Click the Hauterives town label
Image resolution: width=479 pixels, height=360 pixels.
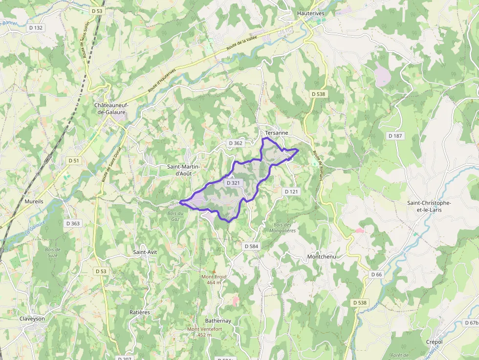point(310,14)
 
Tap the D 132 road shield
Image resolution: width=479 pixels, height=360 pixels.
point(36,28)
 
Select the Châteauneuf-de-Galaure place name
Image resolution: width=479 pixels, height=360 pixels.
point(111,108)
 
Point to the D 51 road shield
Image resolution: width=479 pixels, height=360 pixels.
point(74,160)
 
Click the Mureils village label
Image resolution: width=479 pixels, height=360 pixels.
point(34,201)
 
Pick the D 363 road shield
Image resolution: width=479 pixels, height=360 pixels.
point(72,223)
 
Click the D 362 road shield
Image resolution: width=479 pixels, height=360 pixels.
point(235,143)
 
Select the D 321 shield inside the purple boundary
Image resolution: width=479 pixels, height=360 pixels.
point(234,183)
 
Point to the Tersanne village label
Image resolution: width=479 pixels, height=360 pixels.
point(277,133)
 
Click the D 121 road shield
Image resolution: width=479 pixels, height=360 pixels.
point(291,191)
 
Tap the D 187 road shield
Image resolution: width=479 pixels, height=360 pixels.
point(394,135)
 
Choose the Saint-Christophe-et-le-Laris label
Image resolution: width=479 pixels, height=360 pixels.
point(429,206)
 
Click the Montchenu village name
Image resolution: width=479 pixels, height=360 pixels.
point(322,256)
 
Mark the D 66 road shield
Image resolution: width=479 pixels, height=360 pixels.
point(376,275)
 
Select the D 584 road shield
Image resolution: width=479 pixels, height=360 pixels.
point(251,246)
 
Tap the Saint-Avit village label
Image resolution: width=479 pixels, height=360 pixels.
point(145,252)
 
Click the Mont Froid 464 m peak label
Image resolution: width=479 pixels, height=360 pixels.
point(214,279)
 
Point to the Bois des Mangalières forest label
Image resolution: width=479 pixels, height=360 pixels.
point(283,228)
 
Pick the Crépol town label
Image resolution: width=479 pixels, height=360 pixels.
point(434,342)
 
